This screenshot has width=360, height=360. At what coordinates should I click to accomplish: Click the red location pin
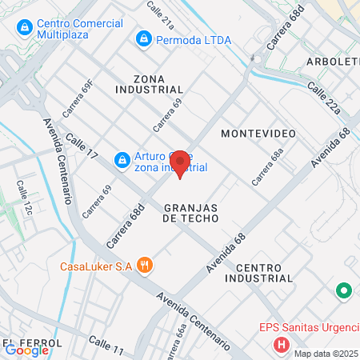(x=180, y=163)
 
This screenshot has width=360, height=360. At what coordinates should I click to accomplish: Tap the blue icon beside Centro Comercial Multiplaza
(x=25, y=30)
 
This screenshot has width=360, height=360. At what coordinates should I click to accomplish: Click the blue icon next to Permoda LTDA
(x=144, y=38)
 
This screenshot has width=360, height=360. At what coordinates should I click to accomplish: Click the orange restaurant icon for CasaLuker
(x=144, y=266)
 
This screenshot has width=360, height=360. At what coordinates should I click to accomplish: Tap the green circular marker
(x=345, y=290)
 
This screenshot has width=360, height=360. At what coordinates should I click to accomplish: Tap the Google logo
(x=27, y=350)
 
